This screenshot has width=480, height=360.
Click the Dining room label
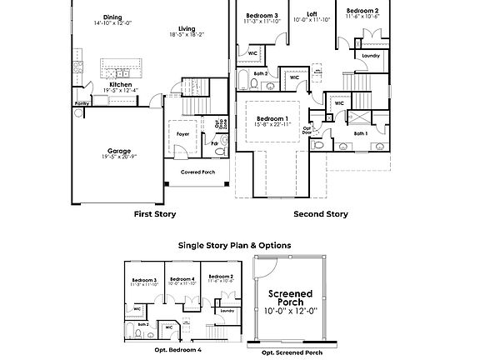point(112,17)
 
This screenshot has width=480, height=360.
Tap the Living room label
point(187,28)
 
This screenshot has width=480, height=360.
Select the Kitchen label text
point(121,84)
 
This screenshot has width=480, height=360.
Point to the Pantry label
point(82,103)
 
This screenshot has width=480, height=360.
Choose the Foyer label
point(182,132)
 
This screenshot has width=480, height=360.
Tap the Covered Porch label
point(198,172)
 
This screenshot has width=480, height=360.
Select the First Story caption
point(155,214)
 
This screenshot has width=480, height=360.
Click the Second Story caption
point(320,214)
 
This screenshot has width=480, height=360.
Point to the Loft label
point(312,13)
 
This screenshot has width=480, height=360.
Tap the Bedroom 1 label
point(272,118)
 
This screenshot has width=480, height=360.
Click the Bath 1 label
point(360,132)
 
